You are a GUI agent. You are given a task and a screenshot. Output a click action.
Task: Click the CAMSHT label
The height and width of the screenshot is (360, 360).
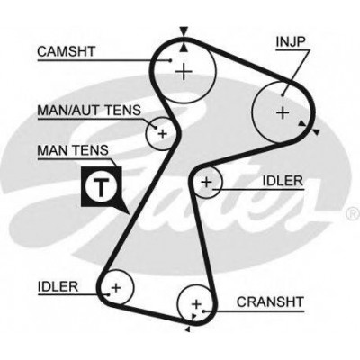click(67, 51)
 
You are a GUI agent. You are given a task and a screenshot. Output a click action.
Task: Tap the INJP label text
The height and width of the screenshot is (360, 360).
click(290, 42)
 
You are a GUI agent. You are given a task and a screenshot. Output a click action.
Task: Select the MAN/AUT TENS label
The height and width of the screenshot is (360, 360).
click(89, 111)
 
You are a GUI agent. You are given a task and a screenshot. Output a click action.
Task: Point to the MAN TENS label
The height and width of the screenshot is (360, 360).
click(73, 150)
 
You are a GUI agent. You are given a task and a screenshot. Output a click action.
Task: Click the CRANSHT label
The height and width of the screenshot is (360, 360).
click(270, 301)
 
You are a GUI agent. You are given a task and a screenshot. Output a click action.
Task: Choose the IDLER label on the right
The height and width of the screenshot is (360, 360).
click(283, 181)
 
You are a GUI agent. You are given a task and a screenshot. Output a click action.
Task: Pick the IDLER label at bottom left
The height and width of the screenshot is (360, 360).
click(58, 286)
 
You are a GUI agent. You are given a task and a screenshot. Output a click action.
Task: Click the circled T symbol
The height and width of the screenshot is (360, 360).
click(101, 187)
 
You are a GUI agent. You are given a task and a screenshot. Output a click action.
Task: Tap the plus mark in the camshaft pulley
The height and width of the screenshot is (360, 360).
click(184, 71)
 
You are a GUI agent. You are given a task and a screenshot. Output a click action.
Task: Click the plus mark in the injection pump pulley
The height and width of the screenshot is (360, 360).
click(283, 113)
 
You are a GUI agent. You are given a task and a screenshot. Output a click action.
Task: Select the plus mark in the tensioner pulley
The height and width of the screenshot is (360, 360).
click(162, 133)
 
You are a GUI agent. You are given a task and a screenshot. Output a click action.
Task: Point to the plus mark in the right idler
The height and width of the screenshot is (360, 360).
click(206, 182)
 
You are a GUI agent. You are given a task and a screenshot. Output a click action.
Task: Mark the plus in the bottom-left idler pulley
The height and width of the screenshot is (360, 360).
click(116, 288)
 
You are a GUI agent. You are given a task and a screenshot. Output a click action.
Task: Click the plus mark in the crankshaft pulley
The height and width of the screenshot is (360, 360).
click(196, 304)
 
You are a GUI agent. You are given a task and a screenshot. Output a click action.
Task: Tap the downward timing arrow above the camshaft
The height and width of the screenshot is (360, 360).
click(184, 31)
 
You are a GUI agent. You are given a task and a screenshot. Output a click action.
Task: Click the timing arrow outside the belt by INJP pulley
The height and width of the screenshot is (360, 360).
click(316, 131)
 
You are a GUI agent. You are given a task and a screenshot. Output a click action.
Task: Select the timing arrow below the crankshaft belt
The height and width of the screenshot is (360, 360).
click(188, 329)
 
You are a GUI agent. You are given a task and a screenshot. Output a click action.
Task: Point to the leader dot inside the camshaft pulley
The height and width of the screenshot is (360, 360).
click(170, 60)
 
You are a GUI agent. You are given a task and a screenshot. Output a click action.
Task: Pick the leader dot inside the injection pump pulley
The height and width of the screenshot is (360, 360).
click(283, 95)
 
